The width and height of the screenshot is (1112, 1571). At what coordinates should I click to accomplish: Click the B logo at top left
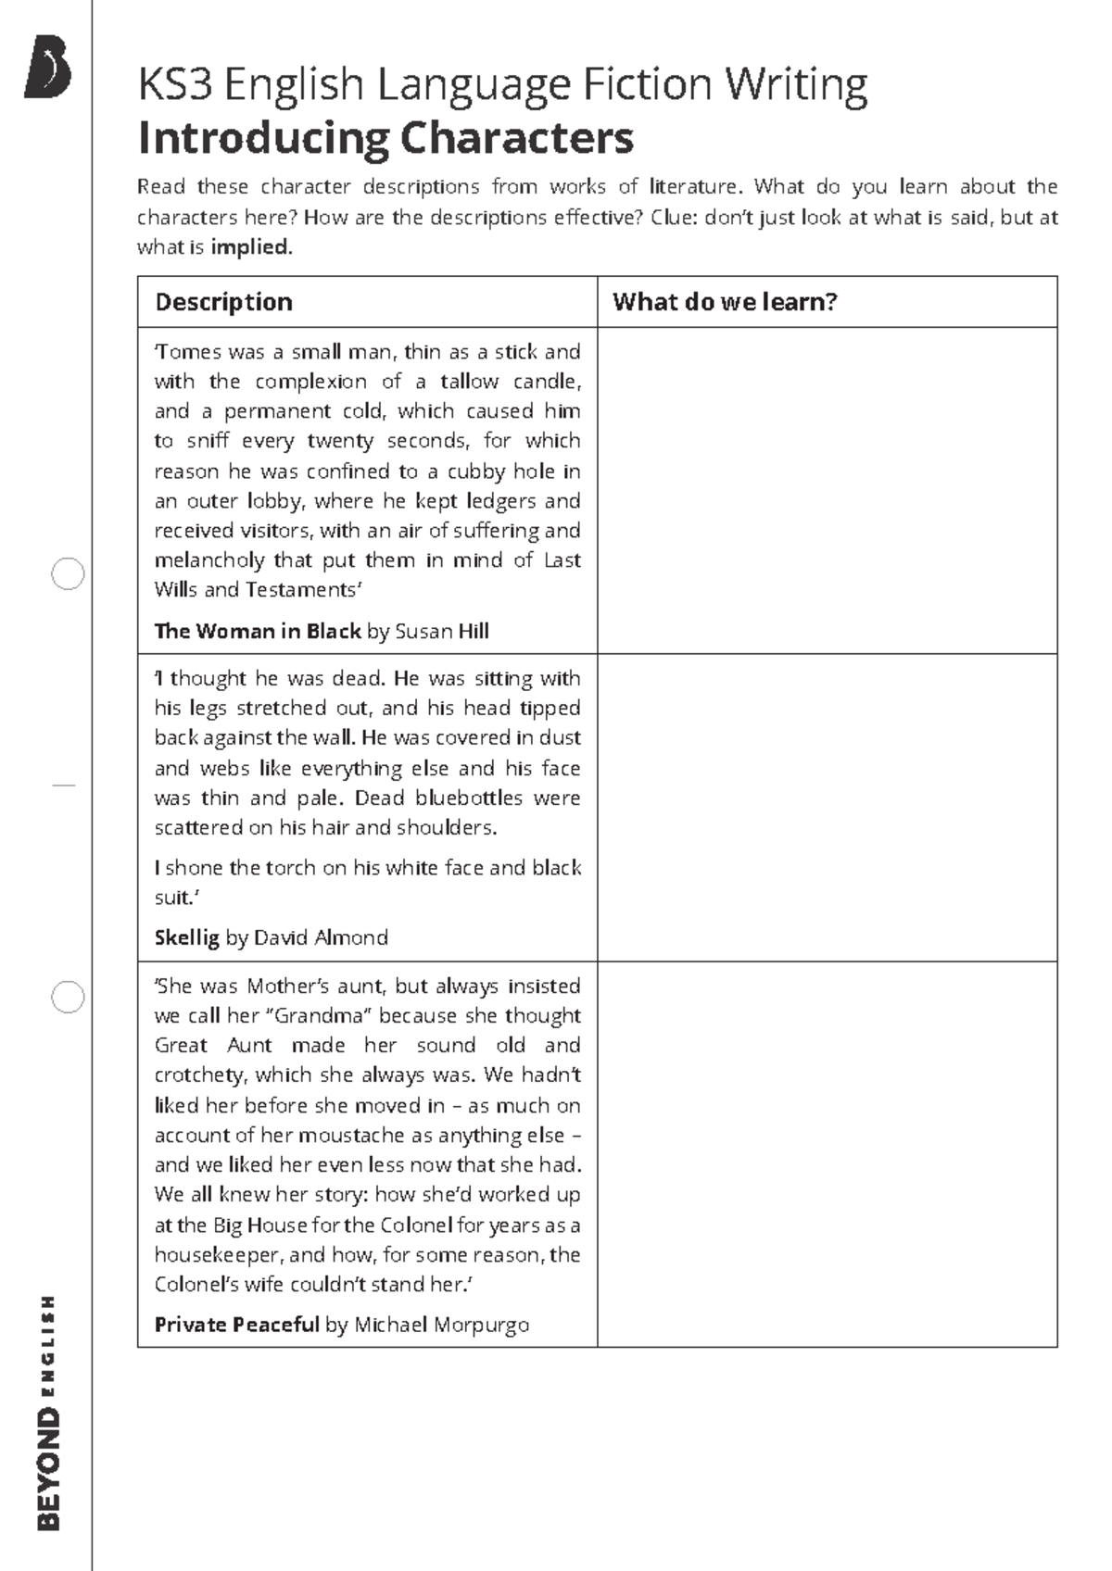pyautogui.click(x=47, y=67)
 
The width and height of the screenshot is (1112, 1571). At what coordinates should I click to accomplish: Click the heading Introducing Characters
pyautogui.click(x=385, y=139)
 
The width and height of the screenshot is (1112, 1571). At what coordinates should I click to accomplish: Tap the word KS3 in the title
pyautogui.click(x=175, y=84)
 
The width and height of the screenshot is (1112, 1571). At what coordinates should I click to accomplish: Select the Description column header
pyautogui.click(x=223, y=302)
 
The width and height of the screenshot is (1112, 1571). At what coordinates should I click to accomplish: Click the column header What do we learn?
pyautogui.click(x=725, y=302)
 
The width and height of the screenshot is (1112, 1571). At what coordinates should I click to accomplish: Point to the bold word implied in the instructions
pyautogui.click(x=249, y=247)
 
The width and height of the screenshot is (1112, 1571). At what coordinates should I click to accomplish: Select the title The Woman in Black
pyautogui.click(x=257, y=632)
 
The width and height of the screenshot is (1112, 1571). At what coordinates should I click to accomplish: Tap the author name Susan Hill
pyautogui.click(x=442, y=632)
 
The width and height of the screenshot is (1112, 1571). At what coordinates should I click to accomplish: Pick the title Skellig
pyautogui.click(x=186, y=937)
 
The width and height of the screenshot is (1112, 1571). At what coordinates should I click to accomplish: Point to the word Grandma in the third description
pyautogui.click(x=319, y=1016)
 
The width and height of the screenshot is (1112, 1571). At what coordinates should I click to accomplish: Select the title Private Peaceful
pyautogui.click(x=236, y=1325)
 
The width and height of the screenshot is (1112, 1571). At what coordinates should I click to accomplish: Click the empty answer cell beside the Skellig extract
pyautogui.click(x=827, y=808)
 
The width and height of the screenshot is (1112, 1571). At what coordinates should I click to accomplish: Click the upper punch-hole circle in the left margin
pyautogui.click(x=68, y=574)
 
